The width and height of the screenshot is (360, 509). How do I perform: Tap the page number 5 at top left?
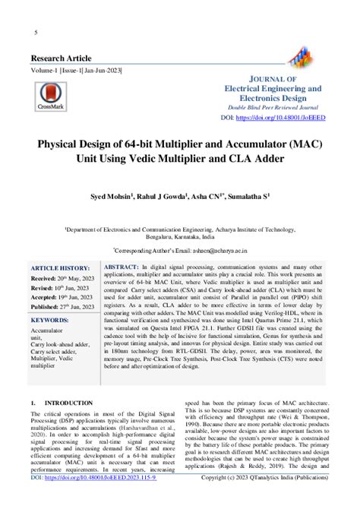click(36, 32)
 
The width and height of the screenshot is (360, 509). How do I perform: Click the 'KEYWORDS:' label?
click(54, 321)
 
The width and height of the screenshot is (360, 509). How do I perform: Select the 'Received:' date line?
click(65, 280)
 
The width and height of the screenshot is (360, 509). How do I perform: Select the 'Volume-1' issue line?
click(75, 71)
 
